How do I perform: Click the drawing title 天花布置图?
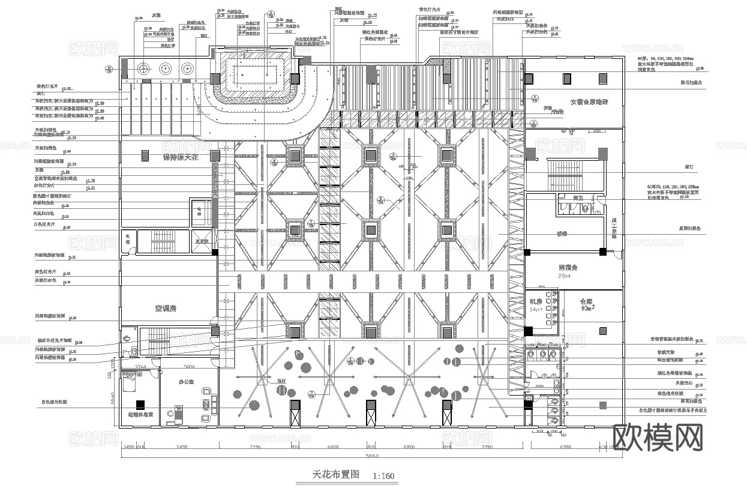coord(335,474)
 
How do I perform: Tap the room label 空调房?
coord(168,309)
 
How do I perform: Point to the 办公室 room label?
coord(187,382)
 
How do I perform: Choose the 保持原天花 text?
coord(180,157)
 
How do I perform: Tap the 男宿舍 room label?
coord(567,267)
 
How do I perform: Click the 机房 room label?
coord(535,301)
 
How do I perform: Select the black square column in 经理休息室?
coord(140,404)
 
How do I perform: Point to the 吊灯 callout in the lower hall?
coord(280,381)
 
